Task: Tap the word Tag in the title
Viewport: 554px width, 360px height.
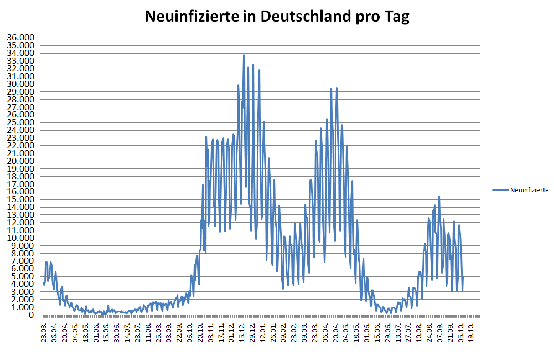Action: [396, 17]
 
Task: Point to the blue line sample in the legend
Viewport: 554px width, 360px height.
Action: [500, 190]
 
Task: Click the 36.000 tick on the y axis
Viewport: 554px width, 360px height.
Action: [20, 38]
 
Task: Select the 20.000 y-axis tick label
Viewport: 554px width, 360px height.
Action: [20, 161]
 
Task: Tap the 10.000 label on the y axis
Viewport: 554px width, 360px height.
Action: [20, 238]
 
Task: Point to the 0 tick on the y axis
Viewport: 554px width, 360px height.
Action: [31, 315]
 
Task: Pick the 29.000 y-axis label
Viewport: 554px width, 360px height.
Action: [20, 91]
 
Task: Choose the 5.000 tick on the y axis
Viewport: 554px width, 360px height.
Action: [22, 276]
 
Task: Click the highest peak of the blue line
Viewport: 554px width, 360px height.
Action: [244, 55]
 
